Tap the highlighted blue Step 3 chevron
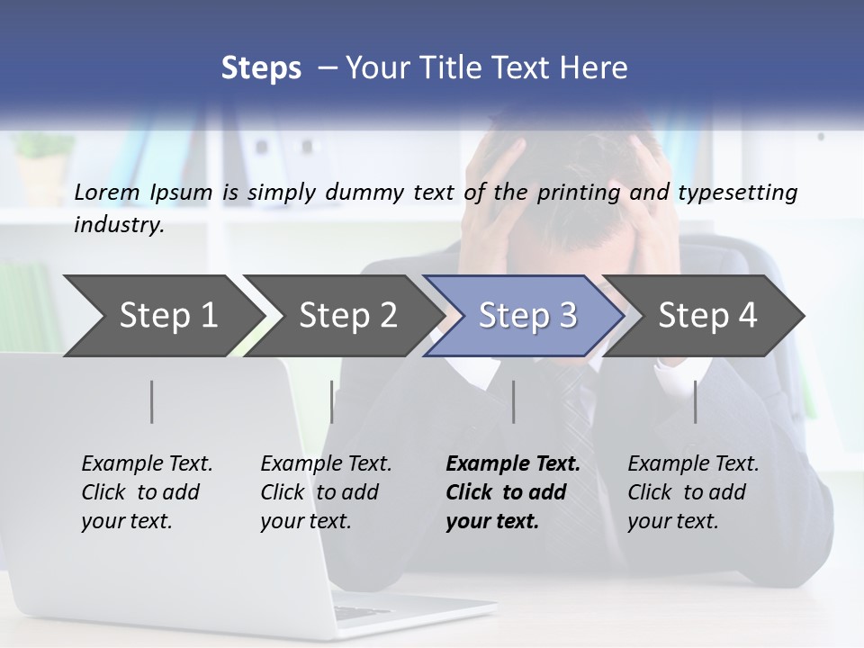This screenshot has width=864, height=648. click(526, 316)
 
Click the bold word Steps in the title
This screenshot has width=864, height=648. click(261, 67)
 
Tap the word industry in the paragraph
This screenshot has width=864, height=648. click(117, 224)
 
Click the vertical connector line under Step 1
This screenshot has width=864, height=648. click(152, 401)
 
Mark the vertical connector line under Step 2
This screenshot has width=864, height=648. click(332, 401)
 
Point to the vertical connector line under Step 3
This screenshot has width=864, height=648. click(514, 401)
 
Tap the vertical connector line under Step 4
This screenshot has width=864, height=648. click(696, 401)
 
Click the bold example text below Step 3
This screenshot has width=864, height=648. click(512, 492)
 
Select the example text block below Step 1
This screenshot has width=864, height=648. click(147, 492)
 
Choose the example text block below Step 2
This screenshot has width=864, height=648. click(326, 492)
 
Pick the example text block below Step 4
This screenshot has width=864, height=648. click(693, 492)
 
